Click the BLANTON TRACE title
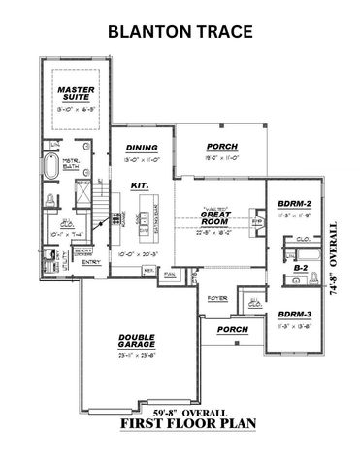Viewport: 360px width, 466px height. pos(180,31)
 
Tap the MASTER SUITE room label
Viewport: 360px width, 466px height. pos(72,95)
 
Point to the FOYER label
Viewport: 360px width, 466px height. pos(216,297)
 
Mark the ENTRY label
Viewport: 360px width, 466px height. pos(92,260)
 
